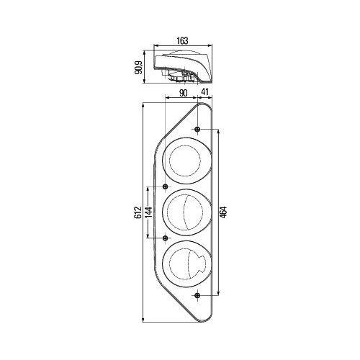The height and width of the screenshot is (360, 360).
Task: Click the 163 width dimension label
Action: click(x=182, y=41)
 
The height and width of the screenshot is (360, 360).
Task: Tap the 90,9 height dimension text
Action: click(x=139, y=68)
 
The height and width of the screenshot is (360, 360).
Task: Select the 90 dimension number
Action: click(x=183, y=93)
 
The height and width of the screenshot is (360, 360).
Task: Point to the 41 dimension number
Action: click(x=204, y=92)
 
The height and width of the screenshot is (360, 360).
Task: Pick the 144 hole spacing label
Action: click(x=149, y=212)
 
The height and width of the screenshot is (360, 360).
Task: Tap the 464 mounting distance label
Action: click(x=223, y=212)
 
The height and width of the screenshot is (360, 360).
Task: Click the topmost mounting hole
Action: click(x=197, y=130)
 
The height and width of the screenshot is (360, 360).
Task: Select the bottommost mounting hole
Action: click(x=197, y=295)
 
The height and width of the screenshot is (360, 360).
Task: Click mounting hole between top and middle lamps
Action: click(x=165, y=186)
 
